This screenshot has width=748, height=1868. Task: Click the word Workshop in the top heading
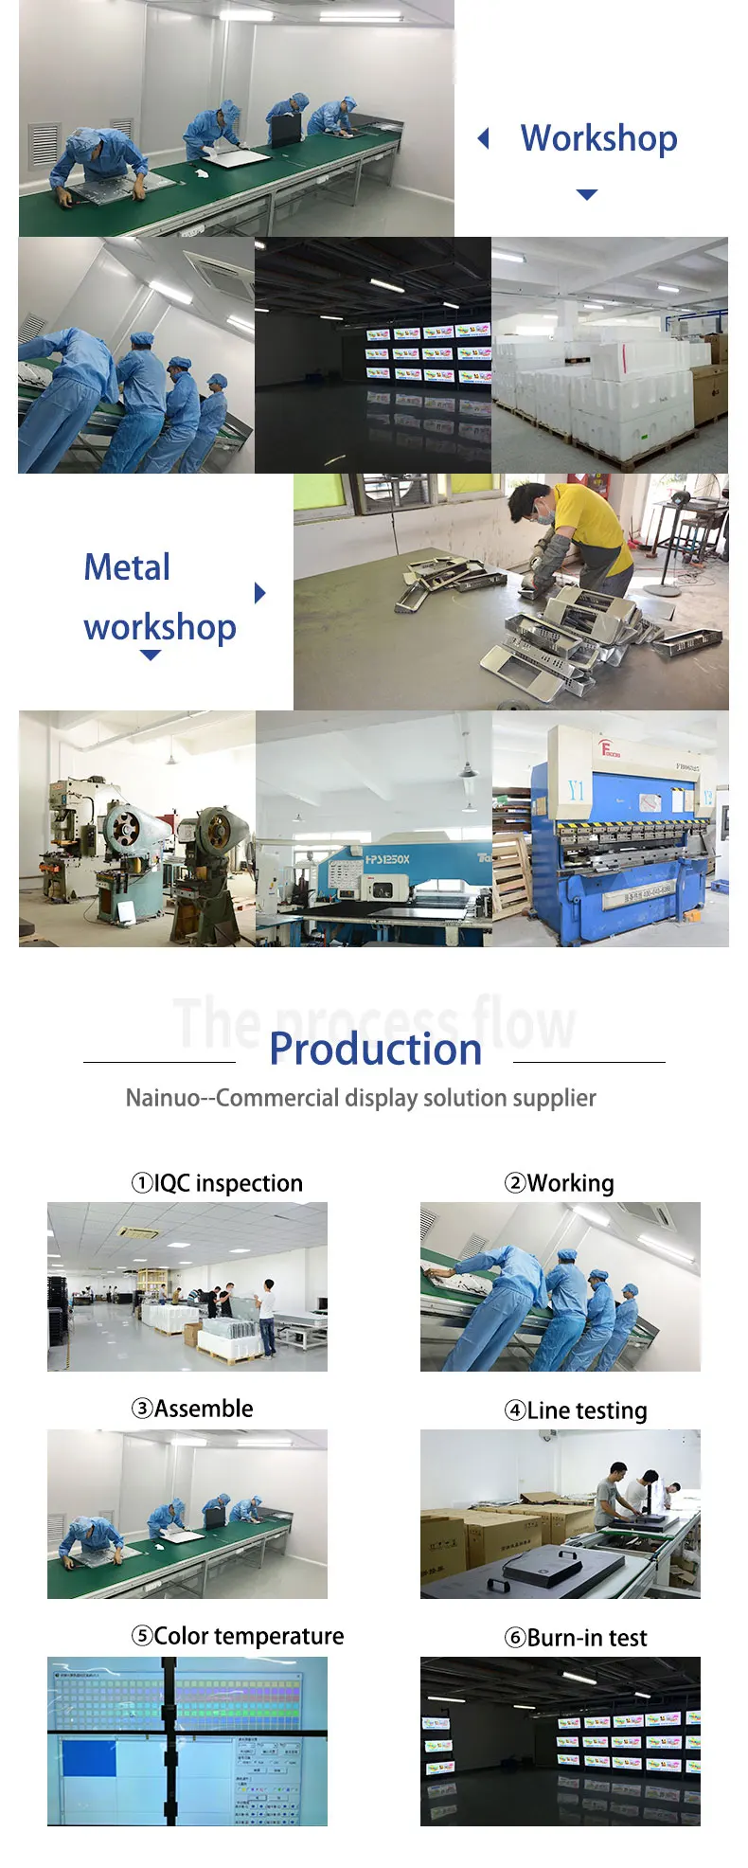click(598, 138)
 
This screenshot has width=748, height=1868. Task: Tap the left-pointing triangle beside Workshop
click(484, 139)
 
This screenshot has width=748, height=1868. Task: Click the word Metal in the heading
click(127, 567)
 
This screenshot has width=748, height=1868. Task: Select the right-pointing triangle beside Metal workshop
click(260, 593)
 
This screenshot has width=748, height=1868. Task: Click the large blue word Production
click(375, 1049)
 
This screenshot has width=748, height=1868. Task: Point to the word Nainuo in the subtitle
click(163, 1098)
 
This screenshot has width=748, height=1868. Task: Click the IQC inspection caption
click(217, 1183)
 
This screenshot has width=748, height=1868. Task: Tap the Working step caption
click(560, 1183)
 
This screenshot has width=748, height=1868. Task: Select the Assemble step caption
click(192, 1409)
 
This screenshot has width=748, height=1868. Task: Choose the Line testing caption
click(576, 1410)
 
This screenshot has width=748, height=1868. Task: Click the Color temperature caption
click(238, 1636)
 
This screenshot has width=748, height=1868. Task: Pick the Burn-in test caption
click(576, 1638)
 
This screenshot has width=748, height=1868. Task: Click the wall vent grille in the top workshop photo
click(45, 144)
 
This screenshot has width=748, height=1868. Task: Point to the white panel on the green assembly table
click(239, 159)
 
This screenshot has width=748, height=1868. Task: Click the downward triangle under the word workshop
click(151, 656)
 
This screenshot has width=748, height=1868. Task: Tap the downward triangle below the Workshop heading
click(587, 194)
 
